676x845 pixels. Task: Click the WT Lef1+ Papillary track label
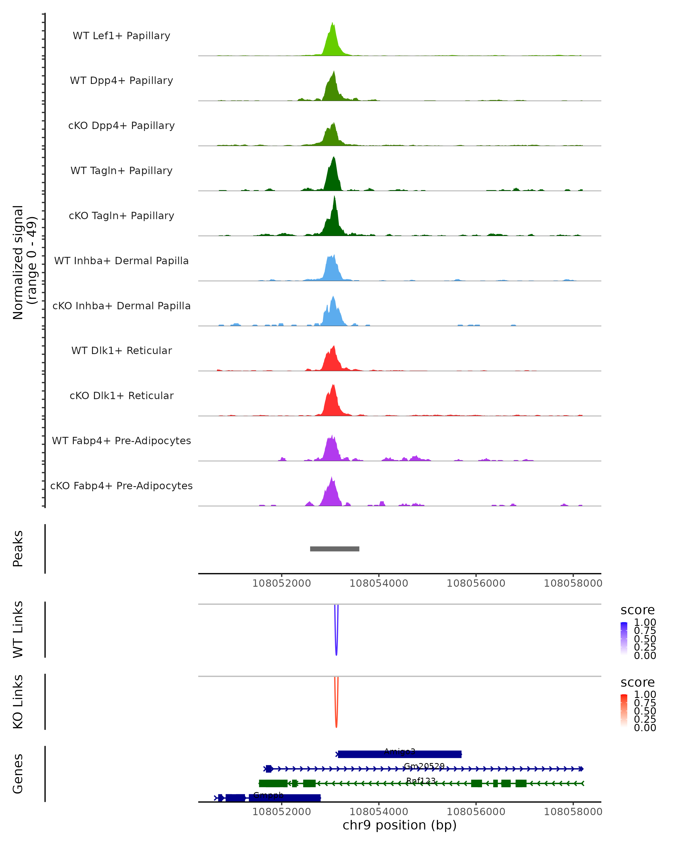click(x=121, y=36)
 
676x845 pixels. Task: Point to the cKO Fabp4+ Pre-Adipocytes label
click(x=121, y=486)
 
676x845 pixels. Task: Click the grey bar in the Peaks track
click(x=334, y=549)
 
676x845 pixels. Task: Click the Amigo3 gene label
click(x=399, y=751)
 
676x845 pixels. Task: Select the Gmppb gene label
click(x=268, y=795)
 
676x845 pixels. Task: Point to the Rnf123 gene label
click(x=421, y=781)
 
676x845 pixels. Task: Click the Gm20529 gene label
click(x=424, y=766)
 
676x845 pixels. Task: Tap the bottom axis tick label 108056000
click(x=476, y=812)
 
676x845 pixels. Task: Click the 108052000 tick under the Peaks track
click(x=281, y=583)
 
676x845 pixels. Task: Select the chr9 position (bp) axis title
click(x=399, y=825)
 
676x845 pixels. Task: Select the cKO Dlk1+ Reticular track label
click(x=121, y=395)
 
